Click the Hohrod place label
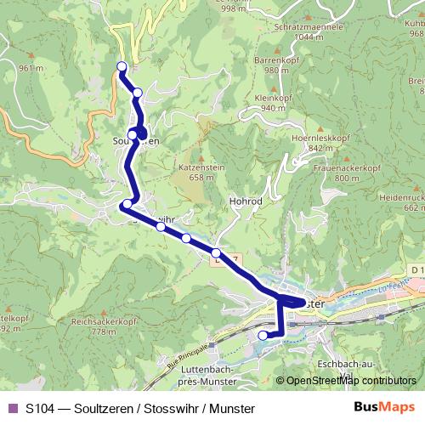tap(244, 202)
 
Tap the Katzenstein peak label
tap(201, 167)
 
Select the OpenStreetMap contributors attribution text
tap(351, 382)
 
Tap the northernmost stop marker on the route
tap(122, 65)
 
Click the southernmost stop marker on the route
tap(263, 336)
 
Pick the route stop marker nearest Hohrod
tap(217, 252)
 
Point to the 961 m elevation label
tap(30, 68)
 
